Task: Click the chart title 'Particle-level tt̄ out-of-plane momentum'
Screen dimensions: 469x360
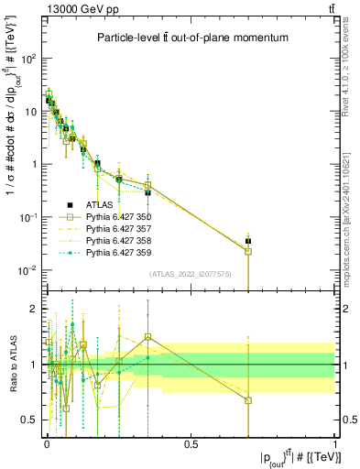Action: [x=193, y=38]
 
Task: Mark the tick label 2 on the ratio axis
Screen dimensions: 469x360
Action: [x=34, y=309]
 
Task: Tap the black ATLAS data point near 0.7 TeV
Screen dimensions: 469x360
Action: [x=248, y=241]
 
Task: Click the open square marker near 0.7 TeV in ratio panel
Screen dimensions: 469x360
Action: [x=248, y=400]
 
